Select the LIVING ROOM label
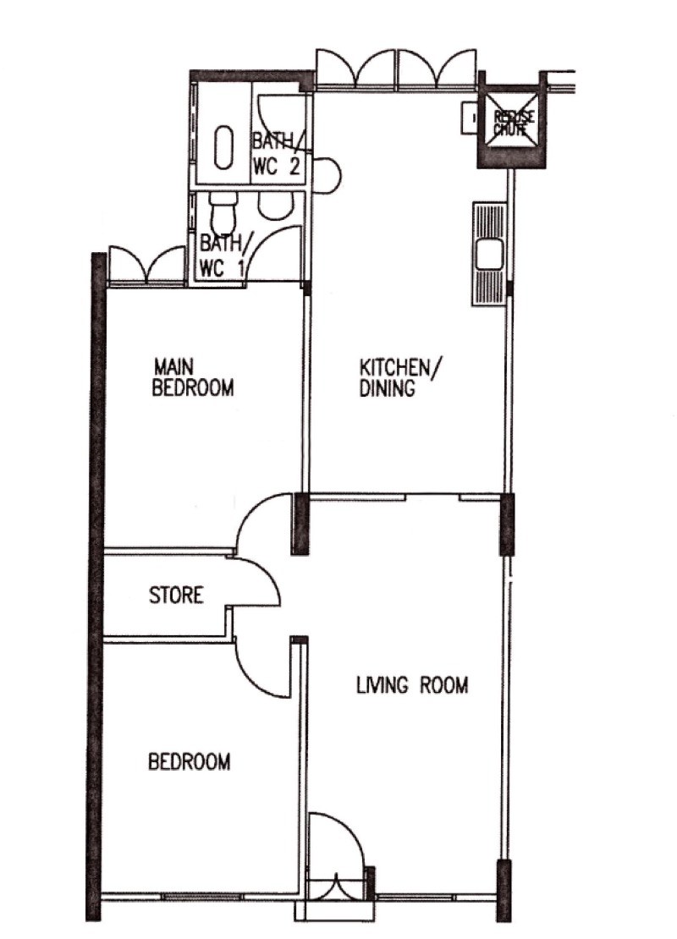pyautogui.click(x=411, y=685)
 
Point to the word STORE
pyautogui.click(x=176, y=595)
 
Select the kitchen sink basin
pyautogui.click(x=489, y=253)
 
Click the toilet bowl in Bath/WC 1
pyautogui.click(x=224, y=206)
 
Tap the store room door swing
pyautogui.click(x=257, y=582)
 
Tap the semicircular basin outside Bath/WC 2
pyautogui.click(x=328, y=173)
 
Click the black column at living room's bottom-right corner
pyautogui.click(x=504, y=888)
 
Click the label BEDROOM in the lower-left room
pyautogui.click(x=190, y=762)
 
